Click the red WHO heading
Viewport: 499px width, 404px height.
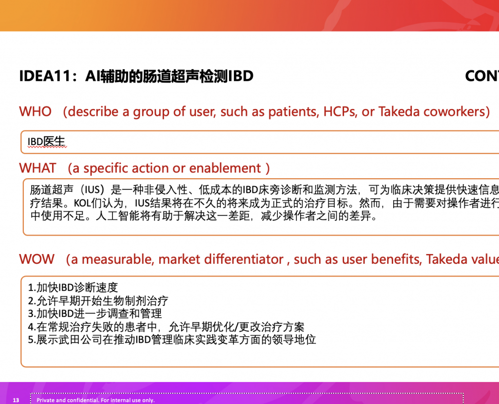[x=35, y=111]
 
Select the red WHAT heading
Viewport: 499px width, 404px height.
[x=38, y=168]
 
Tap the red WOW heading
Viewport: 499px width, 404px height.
[x=37, y=259]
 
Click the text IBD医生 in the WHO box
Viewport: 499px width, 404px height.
[x=46, y=142]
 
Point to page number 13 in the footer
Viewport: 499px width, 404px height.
[x=16, y=400]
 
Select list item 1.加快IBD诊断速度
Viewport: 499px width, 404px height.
[x=73, y=288]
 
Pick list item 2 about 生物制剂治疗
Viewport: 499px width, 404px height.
[x=98, y=301]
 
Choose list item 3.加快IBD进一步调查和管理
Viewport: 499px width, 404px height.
[x=95, y=314]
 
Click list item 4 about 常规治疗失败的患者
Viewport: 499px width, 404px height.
[x=166, y=327]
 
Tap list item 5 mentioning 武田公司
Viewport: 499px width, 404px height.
[x=172, y=340]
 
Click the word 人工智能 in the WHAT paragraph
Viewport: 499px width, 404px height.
[x=117, y=216]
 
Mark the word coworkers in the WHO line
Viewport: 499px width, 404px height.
[x=454, y=111]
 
